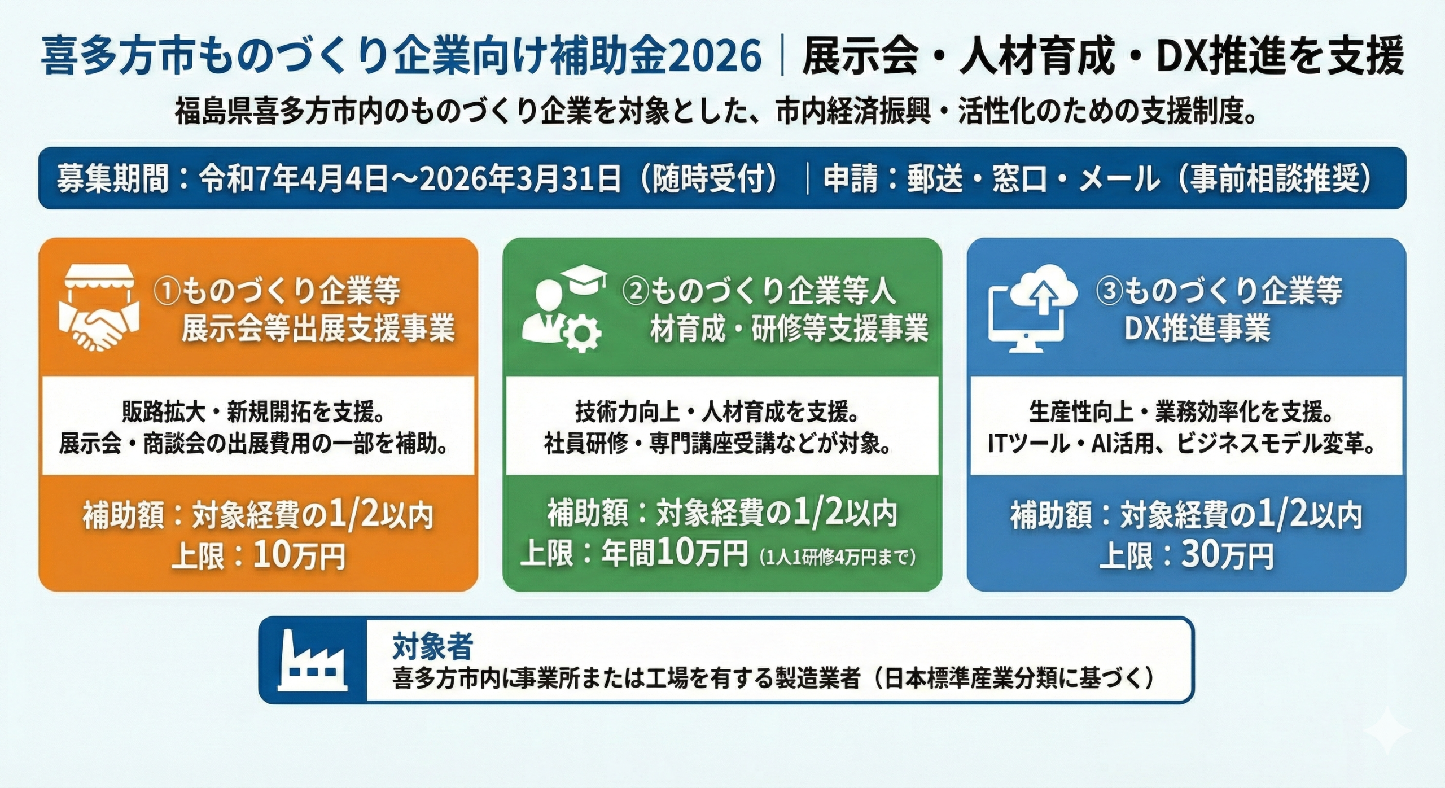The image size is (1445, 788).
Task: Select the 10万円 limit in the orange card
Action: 299,557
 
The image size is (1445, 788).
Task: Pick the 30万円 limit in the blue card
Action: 1227,555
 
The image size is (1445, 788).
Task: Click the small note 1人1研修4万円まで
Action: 838,558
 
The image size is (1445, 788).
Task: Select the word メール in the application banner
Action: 1119,178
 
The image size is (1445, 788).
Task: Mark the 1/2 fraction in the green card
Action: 818,514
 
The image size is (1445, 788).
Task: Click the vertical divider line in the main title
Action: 782,57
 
